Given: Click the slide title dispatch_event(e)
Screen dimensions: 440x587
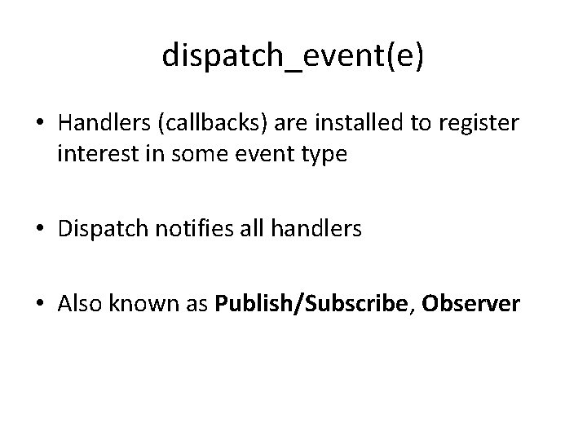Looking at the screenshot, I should pos(293,55).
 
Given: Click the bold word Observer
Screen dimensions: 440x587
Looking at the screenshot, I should pos(470,304).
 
